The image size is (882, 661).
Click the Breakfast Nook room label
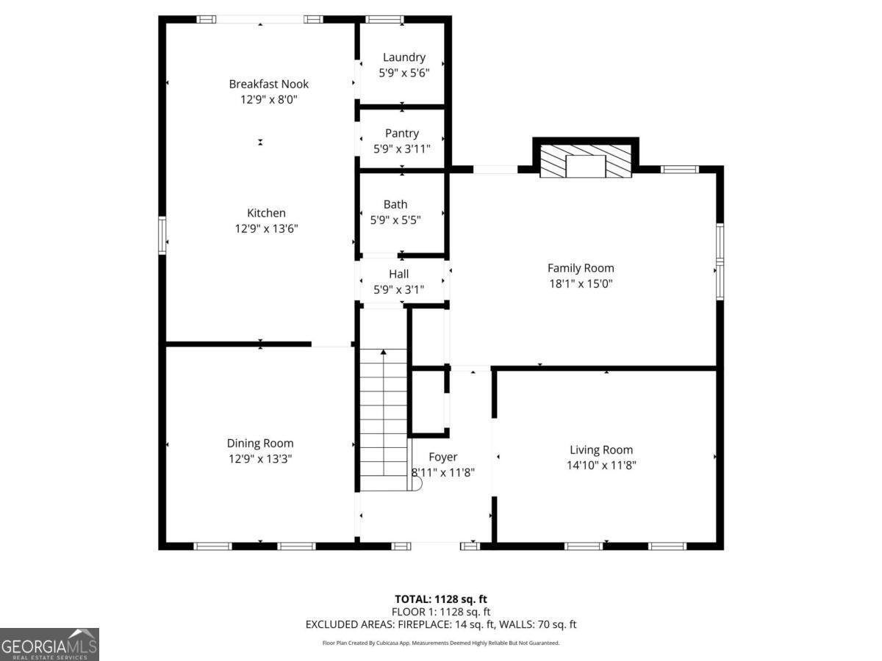[268, 84]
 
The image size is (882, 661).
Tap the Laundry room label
[404, 57]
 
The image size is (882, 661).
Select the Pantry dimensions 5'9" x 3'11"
[401, 148]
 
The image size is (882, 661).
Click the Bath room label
[395, 204]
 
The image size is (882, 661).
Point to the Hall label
[398, 274]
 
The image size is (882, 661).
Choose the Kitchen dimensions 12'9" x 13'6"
[265, 228]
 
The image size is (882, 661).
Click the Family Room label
[581, 268]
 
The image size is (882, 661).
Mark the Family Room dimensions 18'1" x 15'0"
[581, 283]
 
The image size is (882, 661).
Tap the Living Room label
[601, 449]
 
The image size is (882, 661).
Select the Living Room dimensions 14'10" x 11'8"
[601, 465]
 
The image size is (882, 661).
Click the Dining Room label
[259, 443]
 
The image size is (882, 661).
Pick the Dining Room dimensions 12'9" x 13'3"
[259, 458]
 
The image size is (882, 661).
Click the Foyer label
[442, 457]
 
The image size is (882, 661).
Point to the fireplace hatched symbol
[586, 161]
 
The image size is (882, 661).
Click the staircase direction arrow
[383, 353]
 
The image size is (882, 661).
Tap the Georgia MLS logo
[49, 644]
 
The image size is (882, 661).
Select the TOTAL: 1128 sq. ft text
[441, 599]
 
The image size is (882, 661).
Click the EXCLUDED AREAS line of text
[441, 624]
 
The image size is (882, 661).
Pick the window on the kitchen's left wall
[162, 235]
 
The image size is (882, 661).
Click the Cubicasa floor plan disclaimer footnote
[441, 643]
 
